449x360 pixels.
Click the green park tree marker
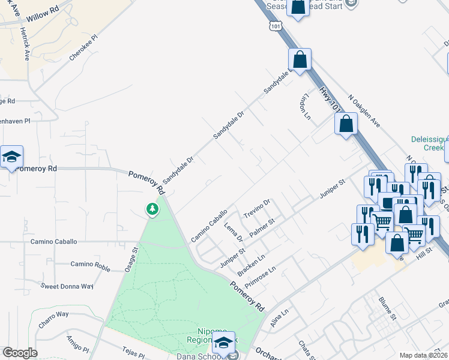pyautogui.click(x=152, y=209)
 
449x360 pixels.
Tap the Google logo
pyautogui.click(x=20, y=353)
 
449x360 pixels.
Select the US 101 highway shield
pyautogui.click(x=276, y=26)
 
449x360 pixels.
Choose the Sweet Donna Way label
pyautogui.click(x=67, y=286)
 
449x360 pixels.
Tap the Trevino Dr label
pyautogui.click(x=258, y=208)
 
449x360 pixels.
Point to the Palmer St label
pyautogui.click(x=262, y=228)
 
